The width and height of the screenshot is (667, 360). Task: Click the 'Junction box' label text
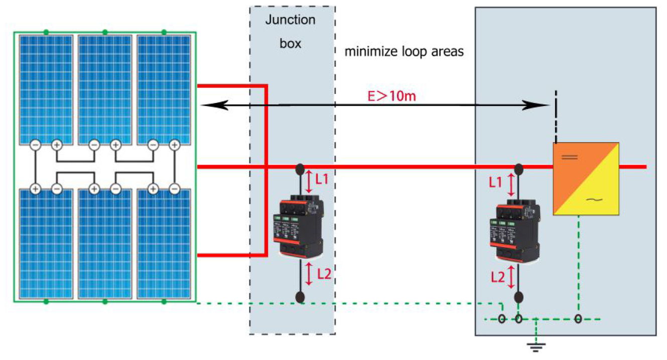[291, 32]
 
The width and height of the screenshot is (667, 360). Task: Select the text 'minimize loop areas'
[404, 52]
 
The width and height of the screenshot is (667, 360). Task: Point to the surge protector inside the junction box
[299, 228]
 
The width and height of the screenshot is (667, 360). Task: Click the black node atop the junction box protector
[300, 168]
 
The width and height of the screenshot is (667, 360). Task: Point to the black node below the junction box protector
[300, 297]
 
